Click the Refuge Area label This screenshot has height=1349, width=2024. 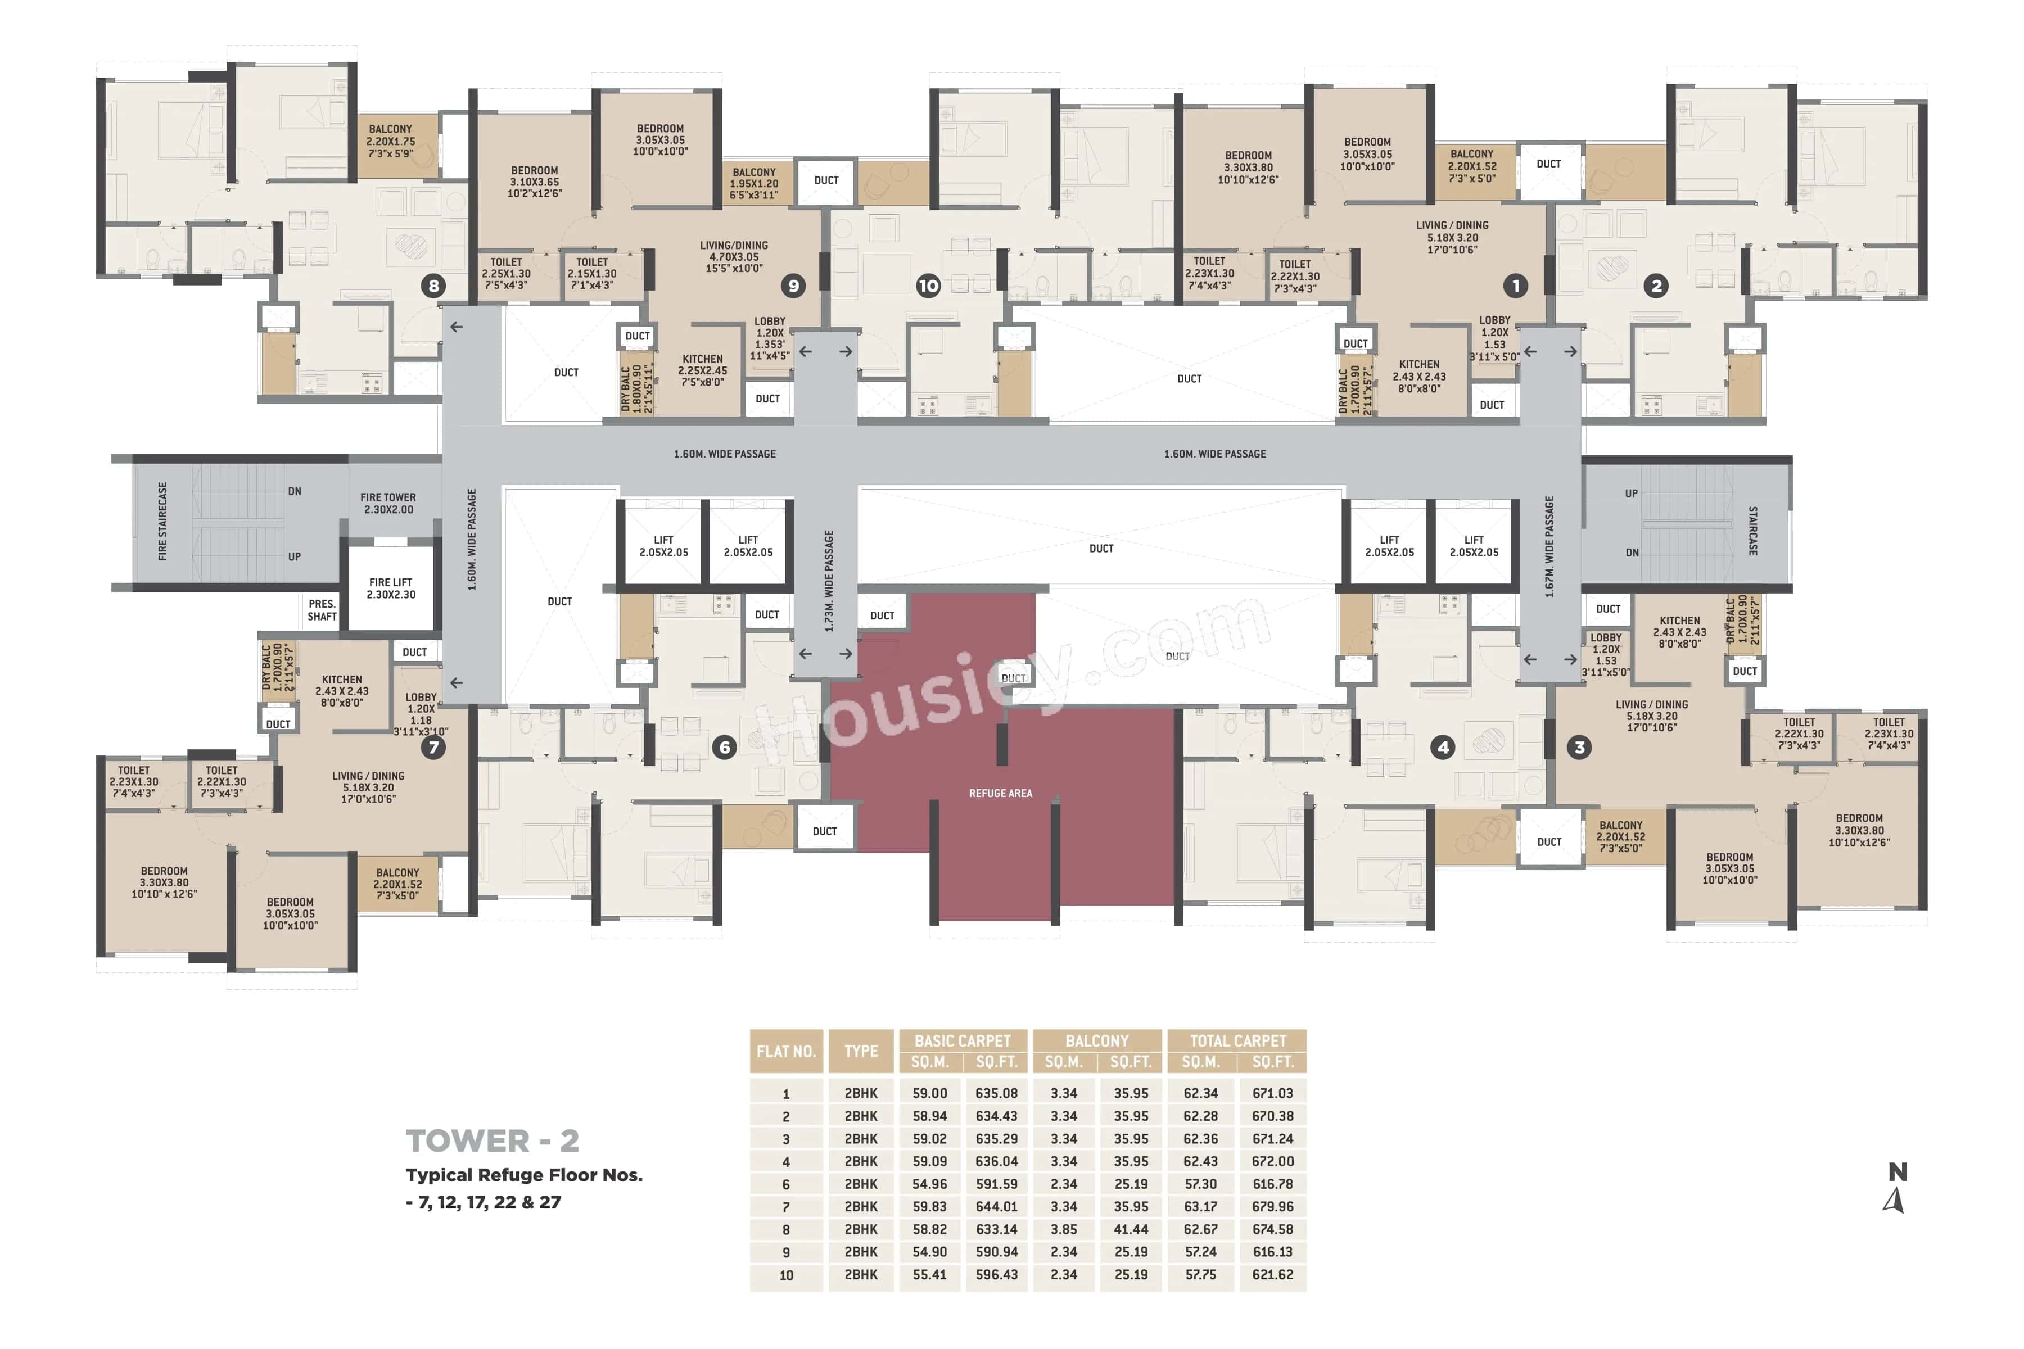point(1000,793)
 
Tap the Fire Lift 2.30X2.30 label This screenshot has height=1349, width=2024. point(391,589)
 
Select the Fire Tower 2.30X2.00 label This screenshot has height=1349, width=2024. point(388,503)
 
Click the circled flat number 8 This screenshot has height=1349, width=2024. point(433,286)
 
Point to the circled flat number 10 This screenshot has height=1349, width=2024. point(928,286)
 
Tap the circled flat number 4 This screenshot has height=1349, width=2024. point(1443,747)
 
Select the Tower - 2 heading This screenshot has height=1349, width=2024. point(493,1142)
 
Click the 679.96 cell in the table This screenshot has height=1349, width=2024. point(1272,1206)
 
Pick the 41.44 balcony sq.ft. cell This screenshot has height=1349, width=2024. point(1131,1229)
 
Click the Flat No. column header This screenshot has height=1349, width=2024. point(785,1051)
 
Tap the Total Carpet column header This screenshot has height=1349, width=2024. point(1237,1041)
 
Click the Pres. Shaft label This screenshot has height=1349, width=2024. point(322,610)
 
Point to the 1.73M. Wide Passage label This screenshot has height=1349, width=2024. point(829,581)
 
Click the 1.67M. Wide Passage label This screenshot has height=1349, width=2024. point(1549,546)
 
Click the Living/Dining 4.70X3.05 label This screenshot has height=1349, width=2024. point(733,256)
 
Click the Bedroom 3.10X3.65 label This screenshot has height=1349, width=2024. point(535,182)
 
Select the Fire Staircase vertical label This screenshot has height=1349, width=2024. point(162,522)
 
